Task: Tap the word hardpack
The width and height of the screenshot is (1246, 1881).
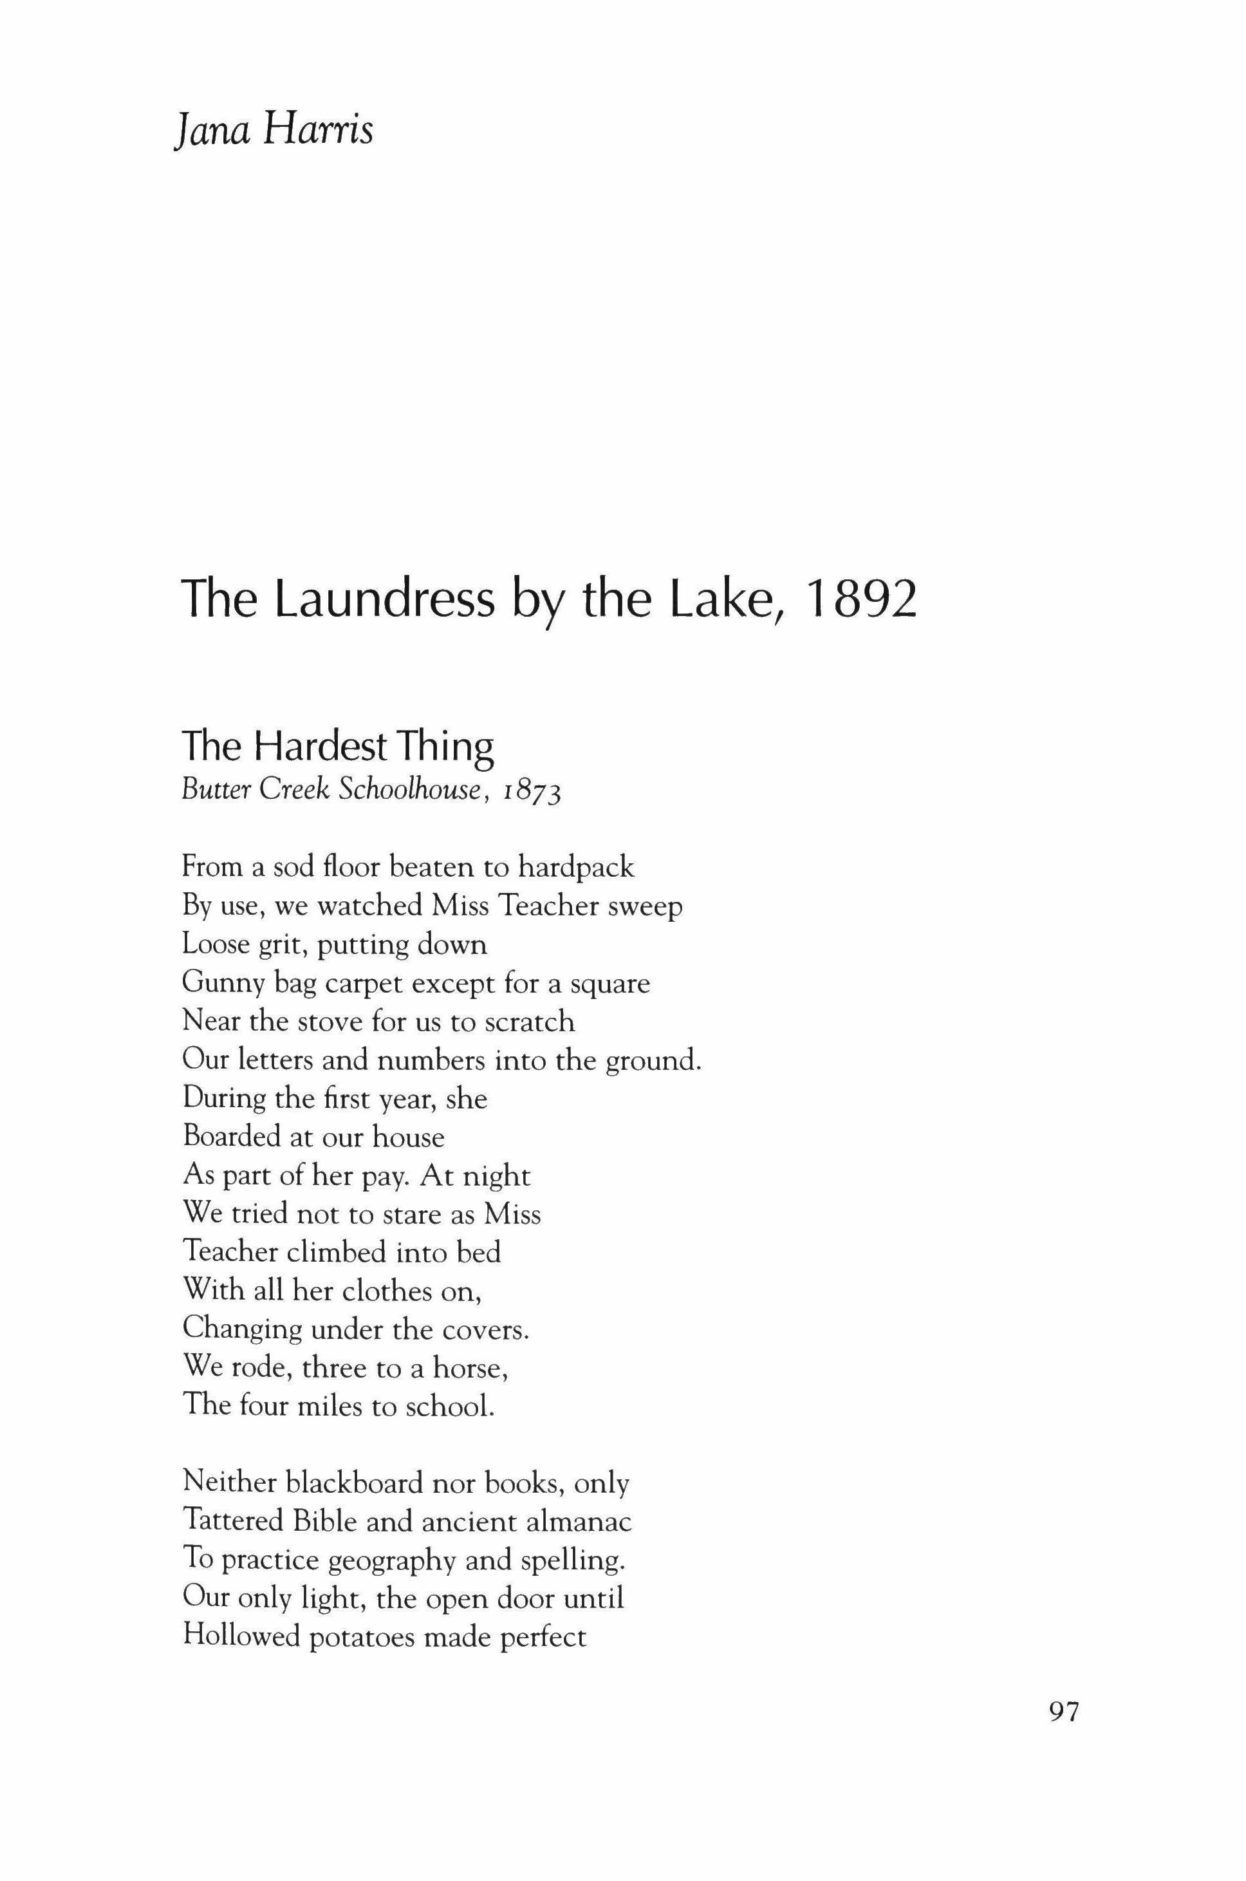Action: click(x=576, y=867)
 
